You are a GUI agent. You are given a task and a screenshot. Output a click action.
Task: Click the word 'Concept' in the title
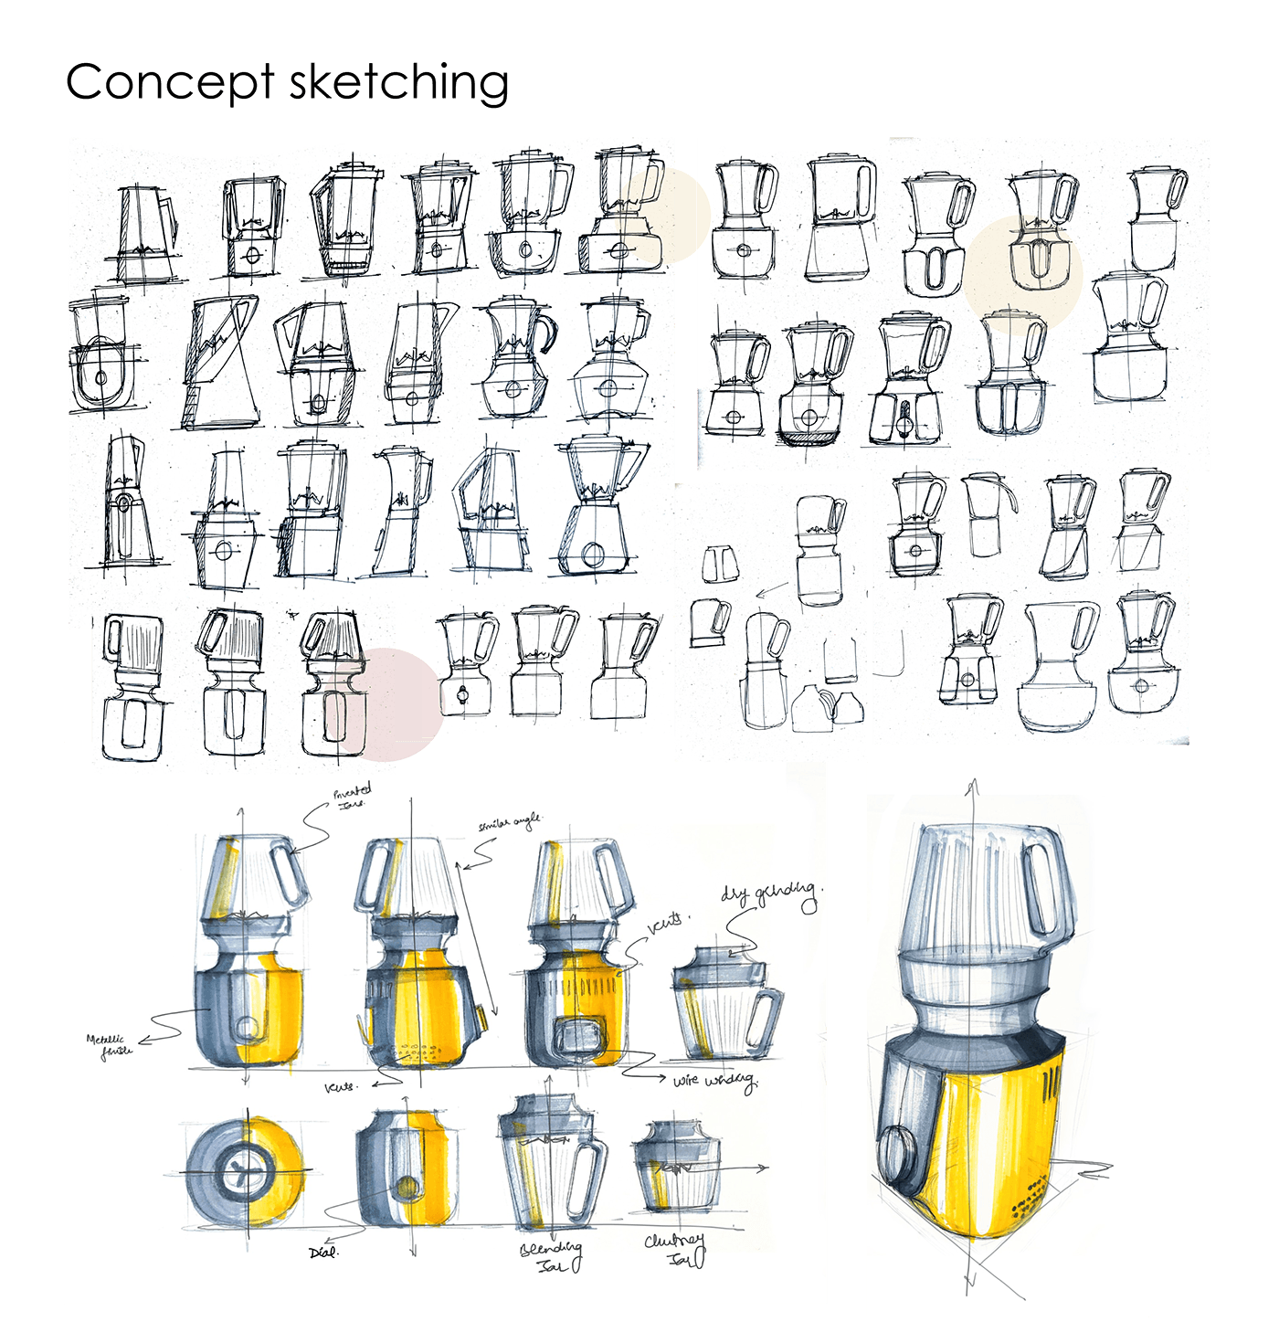[169, 82]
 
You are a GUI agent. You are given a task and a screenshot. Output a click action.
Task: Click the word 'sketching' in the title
[399, 82]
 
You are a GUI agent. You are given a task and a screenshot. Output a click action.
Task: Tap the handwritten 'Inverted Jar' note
[352, 795]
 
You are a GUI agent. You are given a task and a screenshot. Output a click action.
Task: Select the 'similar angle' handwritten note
[509, 822]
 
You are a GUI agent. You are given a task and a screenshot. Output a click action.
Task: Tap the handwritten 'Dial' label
[323, 1253]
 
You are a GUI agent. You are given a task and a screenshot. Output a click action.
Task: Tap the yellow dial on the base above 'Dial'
[406, 1188]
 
